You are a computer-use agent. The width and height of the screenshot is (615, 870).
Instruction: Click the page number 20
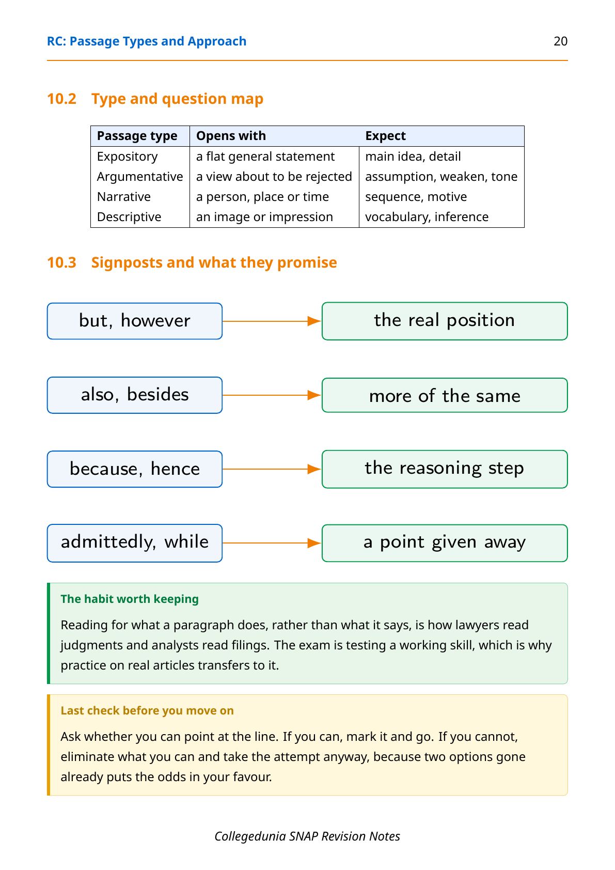560,41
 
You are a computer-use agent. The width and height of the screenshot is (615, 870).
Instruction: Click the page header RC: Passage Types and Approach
146,41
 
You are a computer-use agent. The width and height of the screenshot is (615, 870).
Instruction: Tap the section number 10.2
62,99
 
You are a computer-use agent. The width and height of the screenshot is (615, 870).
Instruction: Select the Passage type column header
137,136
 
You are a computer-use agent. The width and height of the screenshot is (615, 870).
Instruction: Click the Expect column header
385,136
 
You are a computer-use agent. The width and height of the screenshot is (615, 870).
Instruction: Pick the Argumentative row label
140,177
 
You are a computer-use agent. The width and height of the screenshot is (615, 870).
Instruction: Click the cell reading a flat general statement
265,157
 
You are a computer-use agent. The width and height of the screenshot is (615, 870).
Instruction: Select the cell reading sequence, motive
416,197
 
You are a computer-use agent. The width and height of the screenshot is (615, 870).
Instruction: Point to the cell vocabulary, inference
427,217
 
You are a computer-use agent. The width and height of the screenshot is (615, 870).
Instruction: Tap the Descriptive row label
129,217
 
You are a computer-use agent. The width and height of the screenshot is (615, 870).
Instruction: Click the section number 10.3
62,262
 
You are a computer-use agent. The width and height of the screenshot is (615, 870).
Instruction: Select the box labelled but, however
135,321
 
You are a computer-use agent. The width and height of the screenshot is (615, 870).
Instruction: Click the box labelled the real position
445,321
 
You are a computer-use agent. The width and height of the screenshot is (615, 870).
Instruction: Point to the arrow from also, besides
272,395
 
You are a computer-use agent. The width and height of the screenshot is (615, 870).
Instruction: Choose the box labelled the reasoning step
445,469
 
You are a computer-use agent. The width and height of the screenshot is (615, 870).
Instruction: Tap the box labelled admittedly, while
135,543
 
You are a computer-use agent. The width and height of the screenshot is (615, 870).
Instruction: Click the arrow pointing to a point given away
272,543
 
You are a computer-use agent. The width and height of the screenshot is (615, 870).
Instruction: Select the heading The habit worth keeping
130,599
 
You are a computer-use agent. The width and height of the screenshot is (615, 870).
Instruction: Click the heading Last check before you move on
147,711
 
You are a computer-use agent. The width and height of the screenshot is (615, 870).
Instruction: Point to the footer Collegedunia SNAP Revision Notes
307,836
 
